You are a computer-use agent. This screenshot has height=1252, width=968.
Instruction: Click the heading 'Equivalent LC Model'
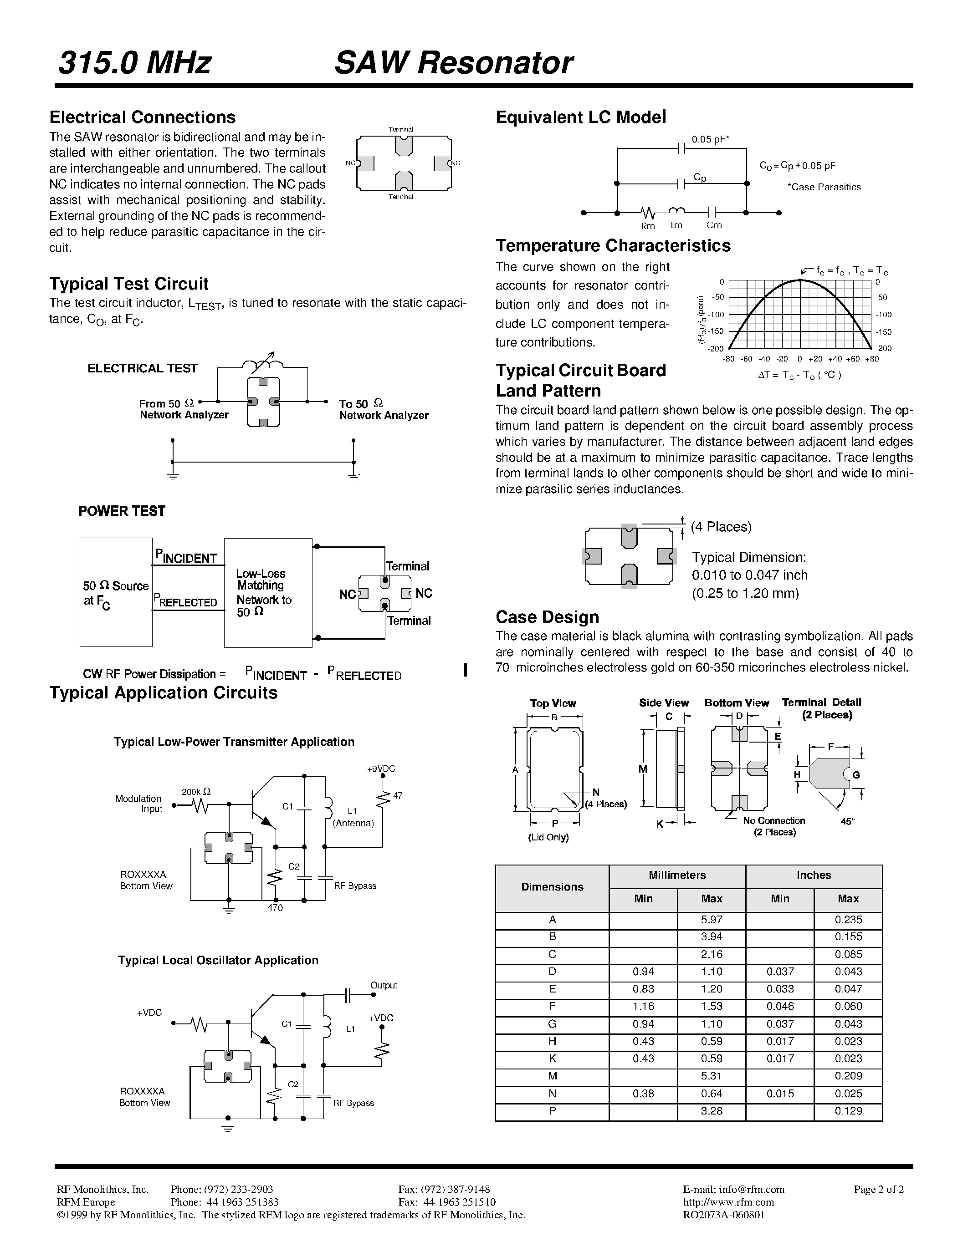tap(580, 117)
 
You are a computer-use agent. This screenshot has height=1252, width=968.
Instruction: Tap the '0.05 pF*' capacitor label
tap(710, 139)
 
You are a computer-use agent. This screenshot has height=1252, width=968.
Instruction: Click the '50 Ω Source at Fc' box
tap(116, 592)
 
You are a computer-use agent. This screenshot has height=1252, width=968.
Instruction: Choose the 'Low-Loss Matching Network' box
tap(268, 592)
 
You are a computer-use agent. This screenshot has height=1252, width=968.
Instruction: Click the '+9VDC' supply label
tap(381, 769)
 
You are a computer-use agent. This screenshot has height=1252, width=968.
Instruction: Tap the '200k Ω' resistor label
tap(196, 792)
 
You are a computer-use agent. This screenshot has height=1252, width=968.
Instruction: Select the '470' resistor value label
tap(275, 908)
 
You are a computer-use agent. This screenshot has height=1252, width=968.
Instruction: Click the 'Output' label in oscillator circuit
tap(383, 985)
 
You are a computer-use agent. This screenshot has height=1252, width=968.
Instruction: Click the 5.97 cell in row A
tap(711, 920)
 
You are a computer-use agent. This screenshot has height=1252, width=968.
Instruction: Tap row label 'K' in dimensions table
tap(552, 1059)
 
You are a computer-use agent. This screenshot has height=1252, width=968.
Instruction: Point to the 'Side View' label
tap(664, 703)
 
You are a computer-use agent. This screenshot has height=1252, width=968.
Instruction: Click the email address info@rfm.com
tap(733, 1190)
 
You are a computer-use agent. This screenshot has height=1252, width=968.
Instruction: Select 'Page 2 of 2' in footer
tap(879, 1190)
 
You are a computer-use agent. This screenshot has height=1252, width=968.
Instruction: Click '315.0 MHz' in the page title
tap(135, 63)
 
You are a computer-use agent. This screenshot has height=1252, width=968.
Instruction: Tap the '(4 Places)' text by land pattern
tap(721, 527)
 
